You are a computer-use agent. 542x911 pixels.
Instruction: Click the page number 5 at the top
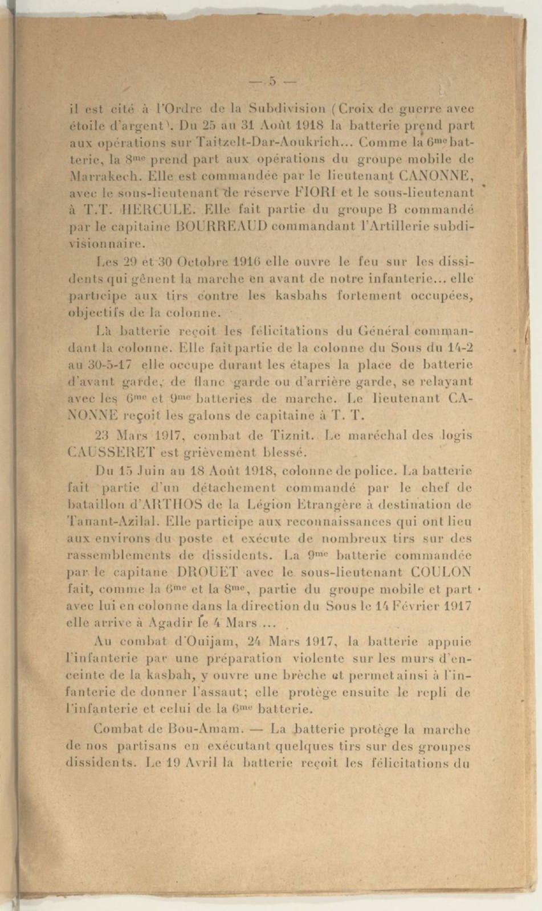click(272, 81)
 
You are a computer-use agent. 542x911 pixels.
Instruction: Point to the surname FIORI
click(311, 192)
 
